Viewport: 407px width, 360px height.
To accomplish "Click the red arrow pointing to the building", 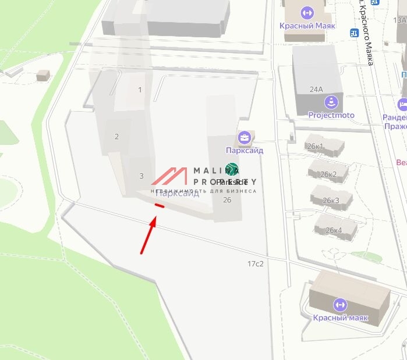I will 148,236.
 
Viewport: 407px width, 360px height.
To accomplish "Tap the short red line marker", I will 159,205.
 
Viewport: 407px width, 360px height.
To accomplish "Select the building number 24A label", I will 316,90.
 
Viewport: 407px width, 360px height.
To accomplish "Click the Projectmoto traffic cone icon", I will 331,103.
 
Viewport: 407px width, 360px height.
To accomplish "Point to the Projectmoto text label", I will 331,115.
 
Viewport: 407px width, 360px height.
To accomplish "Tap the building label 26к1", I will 315,147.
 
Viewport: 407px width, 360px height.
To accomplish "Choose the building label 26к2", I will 329,174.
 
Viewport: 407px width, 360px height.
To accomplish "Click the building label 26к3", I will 331,201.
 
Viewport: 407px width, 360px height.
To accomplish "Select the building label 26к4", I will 334,230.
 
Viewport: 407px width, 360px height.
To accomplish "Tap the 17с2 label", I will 256,264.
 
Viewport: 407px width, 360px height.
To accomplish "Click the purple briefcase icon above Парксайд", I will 245,138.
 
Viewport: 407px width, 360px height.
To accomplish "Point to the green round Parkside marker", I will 232,169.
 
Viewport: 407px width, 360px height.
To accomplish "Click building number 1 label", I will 140,90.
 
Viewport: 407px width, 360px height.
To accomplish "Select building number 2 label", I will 116,137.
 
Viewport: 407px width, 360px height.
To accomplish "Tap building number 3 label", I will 141,176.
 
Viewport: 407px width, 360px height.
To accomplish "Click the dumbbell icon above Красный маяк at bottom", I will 339,305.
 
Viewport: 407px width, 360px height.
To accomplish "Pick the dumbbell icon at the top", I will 306,12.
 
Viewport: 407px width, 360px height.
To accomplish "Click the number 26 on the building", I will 227,200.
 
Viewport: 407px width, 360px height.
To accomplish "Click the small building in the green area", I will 43,75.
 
